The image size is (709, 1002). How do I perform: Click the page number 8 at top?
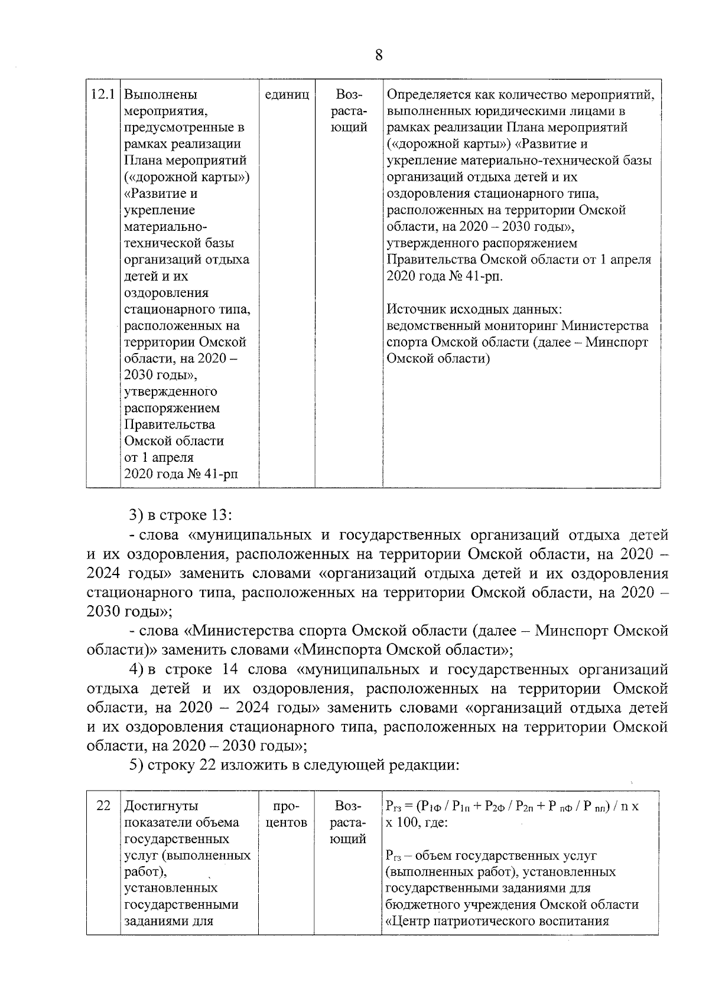pos(379,56)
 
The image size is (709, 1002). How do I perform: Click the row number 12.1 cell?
pos(102,94)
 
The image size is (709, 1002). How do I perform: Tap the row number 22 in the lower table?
pos(103,806)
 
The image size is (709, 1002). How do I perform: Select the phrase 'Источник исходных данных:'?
pos(474,309)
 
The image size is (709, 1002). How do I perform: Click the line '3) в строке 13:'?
pos(181,515)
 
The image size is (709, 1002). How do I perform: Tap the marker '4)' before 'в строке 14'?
pos(136,670)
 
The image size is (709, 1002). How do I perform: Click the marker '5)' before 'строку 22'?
pos(136,765)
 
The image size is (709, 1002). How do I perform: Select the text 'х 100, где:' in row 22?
pos(417,823)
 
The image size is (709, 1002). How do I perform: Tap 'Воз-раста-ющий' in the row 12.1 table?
pos(350,111)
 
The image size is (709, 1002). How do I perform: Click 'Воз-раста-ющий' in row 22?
pos(350,823)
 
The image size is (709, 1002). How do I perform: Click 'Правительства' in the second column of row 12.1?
pos(169,425)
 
